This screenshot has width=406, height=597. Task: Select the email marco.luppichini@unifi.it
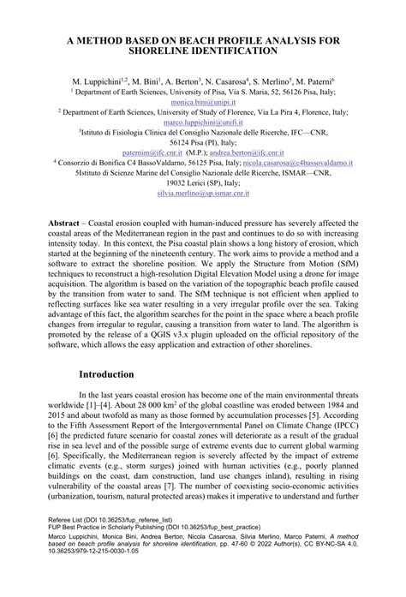point(202,122)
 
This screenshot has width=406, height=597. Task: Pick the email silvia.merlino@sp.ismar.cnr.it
point(202,194)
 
